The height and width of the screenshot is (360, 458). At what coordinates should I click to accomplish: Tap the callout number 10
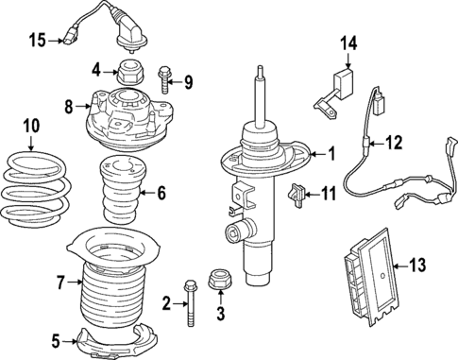[31, 125]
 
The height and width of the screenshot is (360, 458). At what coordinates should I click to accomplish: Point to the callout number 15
[36, 40]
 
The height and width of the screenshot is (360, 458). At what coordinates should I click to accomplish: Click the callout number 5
[55, 340]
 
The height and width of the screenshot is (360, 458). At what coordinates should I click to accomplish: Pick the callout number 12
[396, 143]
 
